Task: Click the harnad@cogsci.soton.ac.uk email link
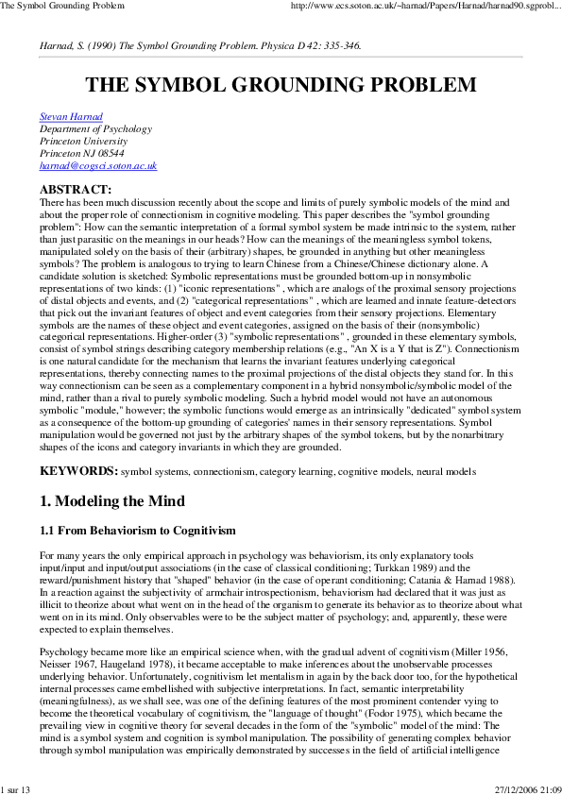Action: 97,165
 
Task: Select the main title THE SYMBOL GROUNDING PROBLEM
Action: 281,85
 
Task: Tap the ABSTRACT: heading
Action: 75,190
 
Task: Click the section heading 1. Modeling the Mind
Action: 111,500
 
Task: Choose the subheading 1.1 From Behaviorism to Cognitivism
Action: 137,532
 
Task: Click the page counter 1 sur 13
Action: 16,788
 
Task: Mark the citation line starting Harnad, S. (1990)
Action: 199,44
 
